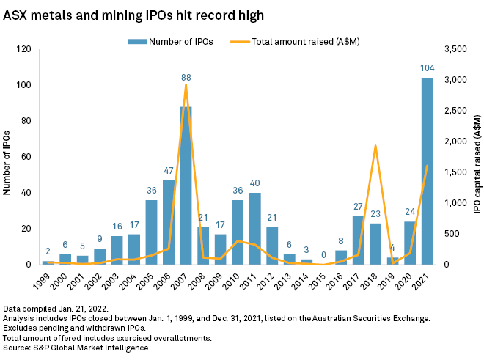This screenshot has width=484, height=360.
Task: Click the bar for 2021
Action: tap(428, 171)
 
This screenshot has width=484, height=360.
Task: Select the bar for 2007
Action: tap(186, 185)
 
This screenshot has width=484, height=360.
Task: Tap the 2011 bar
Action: tap(255, 229)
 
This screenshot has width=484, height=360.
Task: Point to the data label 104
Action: tap(428, 68)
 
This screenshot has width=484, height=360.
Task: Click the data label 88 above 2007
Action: tap(186, 78)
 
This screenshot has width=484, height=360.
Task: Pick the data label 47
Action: tap(169, 170)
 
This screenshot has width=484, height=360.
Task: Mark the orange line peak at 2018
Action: tap(375, 145)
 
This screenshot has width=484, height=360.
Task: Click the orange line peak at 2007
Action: tap(186, 84)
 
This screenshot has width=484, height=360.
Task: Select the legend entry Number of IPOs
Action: tap(170, 42)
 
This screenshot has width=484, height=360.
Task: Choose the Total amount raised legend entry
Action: tap(295, 42)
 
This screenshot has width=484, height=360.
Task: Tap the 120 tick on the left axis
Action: tap(23, 49)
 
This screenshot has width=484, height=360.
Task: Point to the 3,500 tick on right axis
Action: tap(455, 49)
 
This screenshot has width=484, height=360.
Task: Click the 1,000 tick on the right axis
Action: tap(455, 203)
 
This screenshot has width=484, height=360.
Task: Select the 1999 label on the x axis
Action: tap(41, 282)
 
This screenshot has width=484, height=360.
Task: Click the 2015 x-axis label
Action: tap(318, 282)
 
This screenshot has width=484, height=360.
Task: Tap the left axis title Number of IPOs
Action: tap(7, 163)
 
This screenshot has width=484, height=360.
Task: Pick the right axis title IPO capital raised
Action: tap(477, 164)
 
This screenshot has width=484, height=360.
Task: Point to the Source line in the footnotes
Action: tap(76, 348)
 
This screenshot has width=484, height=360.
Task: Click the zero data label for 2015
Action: tap(323, 254)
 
